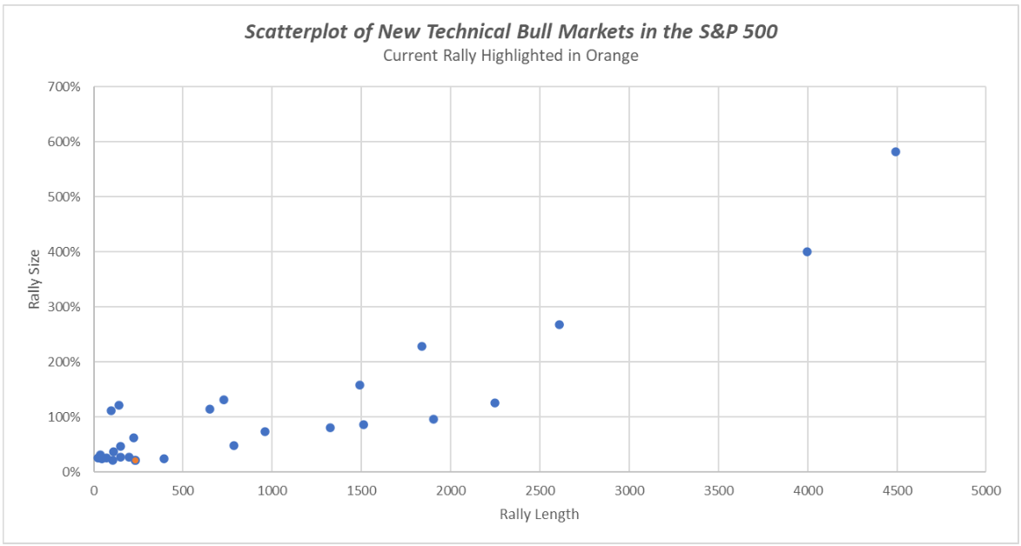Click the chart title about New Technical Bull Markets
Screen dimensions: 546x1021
click(x=510, y=32)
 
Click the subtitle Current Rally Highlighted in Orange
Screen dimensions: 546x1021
click(x=510, y=56)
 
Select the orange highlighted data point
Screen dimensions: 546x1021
click(x=135, y=460)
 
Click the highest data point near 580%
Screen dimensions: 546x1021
click(x=895, y=151)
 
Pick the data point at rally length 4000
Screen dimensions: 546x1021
click(x=807, y=251)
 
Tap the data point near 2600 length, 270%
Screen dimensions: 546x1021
click(x=559, y=324)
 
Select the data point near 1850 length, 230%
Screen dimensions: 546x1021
click(x=421, y=346)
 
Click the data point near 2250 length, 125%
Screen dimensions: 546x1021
click(x=494, y=403)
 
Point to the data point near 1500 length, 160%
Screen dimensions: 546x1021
click(x=359, y=384)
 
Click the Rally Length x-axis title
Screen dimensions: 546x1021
click(x=539, y=514)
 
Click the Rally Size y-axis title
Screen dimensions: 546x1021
click(x=35, y=279)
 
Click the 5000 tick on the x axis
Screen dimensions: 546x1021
click(x=985, y=490)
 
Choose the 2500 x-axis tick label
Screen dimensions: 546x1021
click(x=540, y=490)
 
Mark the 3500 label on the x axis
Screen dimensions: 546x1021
click(x=718, y=490)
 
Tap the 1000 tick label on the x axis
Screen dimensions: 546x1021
click(x=272, y=490)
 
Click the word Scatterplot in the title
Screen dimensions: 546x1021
click(x=290, y=32)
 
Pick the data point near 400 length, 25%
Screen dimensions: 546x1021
click(x=164, y=458)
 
